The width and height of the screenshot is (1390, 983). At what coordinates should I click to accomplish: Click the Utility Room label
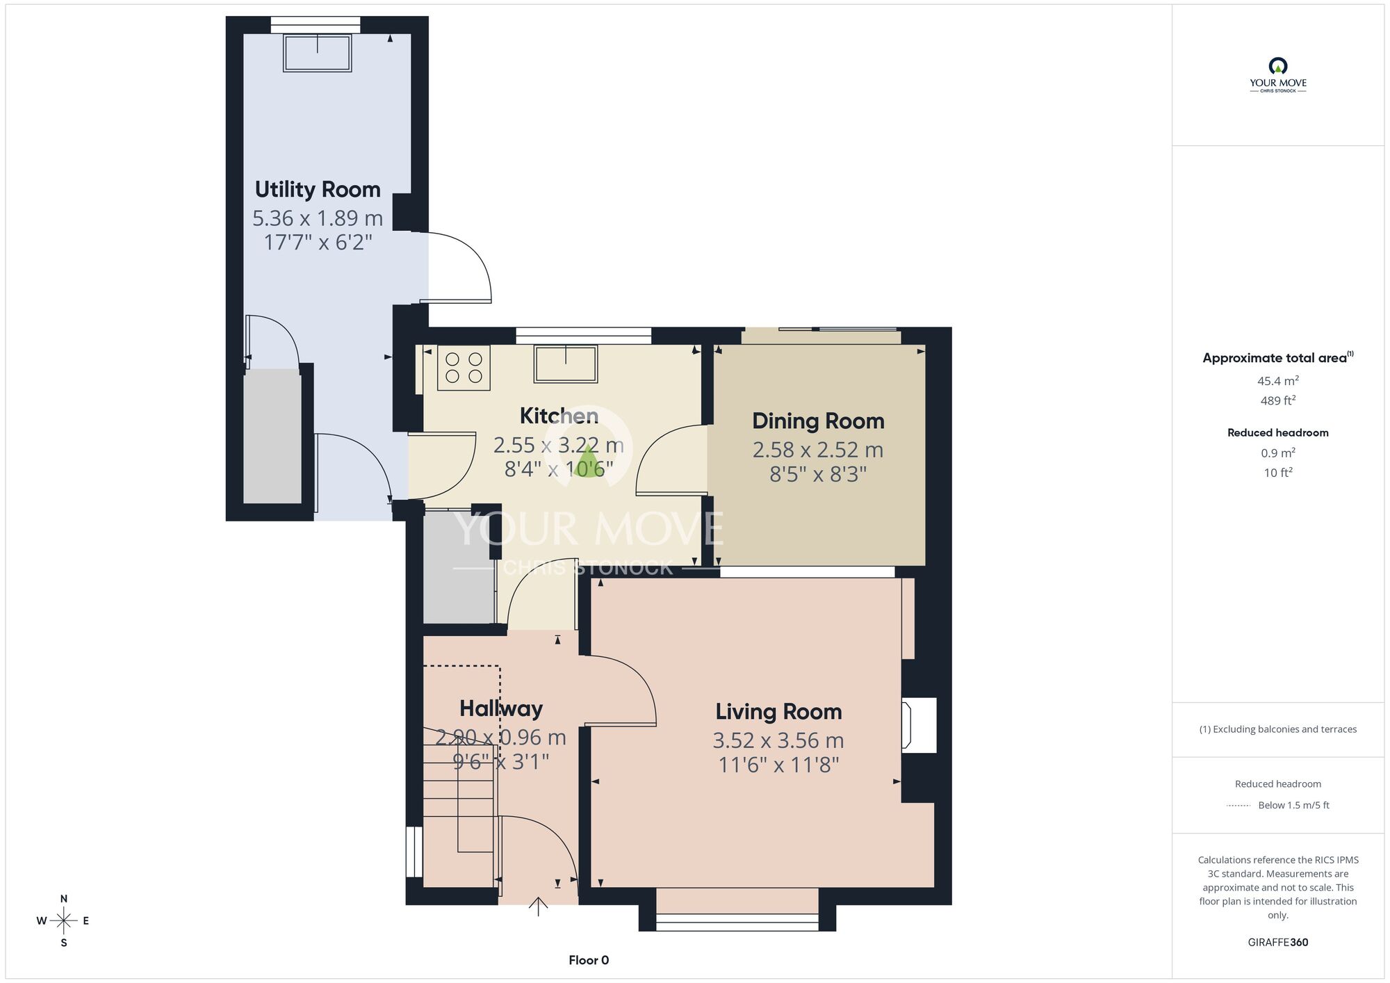[x=318, y=189]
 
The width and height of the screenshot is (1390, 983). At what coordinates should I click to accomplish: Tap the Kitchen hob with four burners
[x=464, y=368]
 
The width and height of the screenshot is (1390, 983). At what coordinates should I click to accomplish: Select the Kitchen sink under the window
[x=566, y=364]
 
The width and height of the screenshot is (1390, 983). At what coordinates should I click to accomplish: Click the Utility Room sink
[x=317, y=52]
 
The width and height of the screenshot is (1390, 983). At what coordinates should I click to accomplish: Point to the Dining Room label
[x=818, y=421]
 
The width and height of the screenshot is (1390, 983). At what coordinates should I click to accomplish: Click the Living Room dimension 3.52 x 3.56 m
[x=778, y=740]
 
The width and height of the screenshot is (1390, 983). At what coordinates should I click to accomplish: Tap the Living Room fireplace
[x=919, y=725]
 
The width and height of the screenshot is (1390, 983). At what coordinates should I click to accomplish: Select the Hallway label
[x=501, y=708]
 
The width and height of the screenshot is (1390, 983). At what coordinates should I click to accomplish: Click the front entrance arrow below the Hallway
[x=538, y=907]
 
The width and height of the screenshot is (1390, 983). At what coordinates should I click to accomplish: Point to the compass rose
[x=63, y=921]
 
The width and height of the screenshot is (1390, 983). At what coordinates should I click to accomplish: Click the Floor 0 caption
[x=589, y=960]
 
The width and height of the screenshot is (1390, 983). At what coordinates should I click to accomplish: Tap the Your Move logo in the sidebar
[x=1278, y=75]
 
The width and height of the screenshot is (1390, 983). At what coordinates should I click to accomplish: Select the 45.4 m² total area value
[x=1278, y=381]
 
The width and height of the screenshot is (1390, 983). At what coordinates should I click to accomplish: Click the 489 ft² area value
[x=1278, y=400]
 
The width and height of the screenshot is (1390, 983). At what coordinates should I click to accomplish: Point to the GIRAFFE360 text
[x=1278, y=943]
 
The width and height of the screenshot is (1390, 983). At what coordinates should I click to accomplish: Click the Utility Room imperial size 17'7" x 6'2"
[x=318, y=243]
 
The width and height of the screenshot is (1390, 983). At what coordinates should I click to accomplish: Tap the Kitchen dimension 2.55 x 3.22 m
[x=559, y=445]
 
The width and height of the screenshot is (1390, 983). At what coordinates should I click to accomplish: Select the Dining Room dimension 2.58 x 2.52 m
[x=818, y=450]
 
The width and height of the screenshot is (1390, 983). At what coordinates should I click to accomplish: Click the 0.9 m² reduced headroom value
[x=1278, y=453]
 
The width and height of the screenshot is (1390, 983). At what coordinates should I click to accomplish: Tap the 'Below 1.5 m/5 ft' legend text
[x=1293, y=805]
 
